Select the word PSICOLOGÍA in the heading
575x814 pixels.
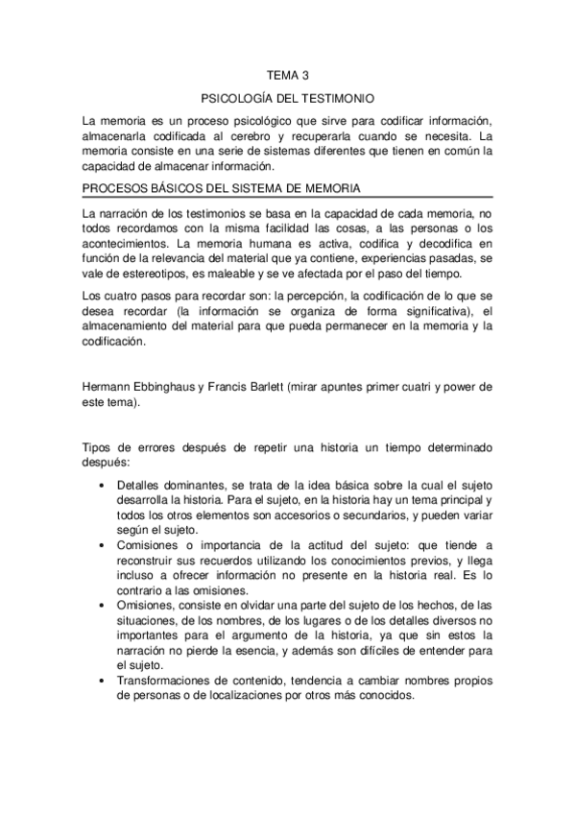click(x=238, y=98)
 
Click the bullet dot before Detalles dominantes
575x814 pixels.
click(x=103, y=486)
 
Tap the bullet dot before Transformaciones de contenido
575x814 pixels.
click(x=103, y=681)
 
